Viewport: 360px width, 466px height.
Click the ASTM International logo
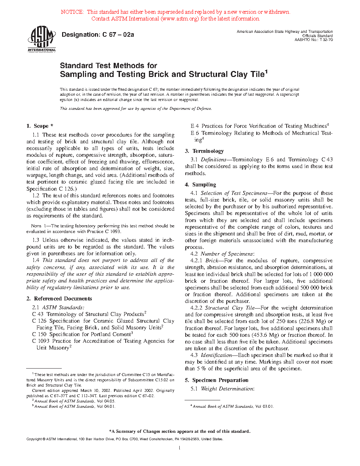tap(42, 39)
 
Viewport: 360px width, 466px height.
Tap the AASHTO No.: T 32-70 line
tap(313, 40)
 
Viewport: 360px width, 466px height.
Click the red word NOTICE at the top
tap(72, 12)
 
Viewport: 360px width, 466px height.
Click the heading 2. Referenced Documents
tap(59, 299)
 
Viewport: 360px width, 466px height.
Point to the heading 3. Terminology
tap(204, 151)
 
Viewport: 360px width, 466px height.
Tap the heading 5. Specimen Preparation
tap(217, 380)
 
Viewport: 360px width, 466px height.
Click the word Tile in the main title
tap(257, 74)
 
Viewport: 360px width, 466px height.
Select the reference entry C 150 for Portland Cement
tap(82, 334)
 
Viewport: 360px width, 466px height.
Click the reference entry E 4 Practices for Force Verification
tap(259, 126)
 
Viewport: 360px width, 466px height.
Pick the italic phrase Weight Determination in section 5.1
tap(227, 389)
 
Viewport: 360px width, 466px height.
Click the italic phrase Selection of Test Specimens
tap(234, 193)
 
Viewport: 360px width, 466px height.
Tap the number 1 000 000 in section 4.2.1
tap(321, 274)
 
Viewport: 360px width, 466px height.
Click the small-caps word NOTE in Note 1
tap(36, 226)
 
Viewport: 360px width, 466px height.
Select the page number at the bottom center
tap(180, 448)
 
